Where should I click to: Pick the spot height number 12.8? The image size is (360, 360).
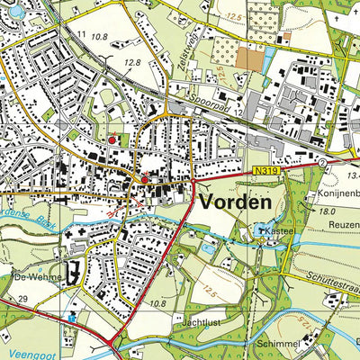[132, 62]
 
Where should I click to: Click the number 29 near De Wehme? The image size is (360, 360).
[22, 298]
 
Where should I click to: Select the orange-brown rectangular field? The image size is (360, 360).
[250, 58]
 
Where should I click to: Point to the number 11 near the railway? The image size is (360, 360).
[82, 34]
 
